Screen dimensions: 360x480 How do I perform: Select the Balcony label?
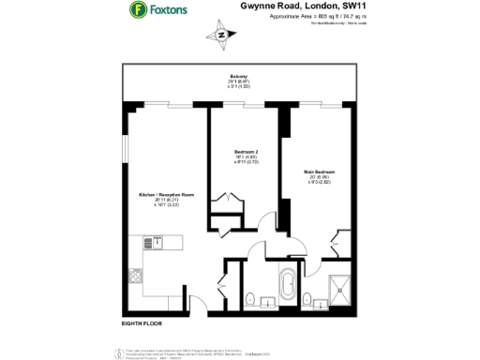tap(239, 76)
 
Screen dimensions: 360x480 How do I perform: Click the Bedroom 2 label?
tap(245, 151)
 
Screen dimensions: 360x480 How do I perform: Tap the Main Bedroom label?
tap(321, 170)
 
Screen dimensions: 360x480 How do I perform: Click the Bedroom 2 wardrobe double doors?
tap(225, 201)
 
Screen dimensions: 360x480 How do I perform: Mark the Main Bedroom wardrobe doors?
tap(340, 239)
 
